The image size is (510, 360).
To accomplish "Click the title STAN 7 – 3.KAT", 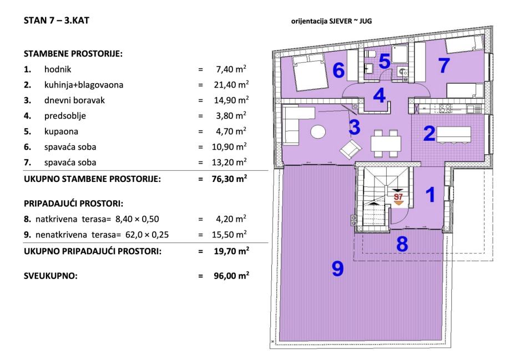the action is point(56,21).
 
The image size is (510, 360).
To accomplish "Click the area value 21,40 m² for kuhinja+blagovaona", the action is point(231,84).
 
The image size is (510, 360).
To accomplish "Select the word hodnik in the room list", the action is point(58,69).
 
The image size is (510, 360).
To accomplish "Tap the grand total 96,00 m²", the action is point(231,276).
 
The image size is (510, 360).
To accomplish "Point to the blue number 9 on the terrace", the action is point(337,268).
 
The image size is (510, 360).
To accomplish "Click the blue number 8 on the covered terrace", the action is point(402,244).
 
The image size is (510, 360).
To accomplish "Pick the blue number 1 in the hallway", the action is point(431,195).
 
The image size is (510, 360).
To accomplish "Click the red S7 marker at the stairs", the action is point(398,197).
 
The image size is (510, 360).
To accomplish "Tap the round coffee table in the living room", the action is point(318,131).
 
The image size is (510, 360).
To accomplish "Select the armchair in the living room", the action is point(351,149).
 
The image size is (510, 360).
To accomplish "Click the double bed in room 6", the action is point(309,72).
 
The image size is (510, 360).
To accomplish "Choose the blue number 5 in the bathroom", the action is point(385,62).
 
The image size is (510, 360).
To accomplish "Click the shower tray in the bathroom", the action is point(400,54).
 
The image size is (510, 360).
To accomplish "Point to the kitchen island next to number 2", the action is point(453,135).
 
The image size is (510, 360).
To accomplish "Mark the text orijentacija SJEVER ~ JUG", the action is point(331,22).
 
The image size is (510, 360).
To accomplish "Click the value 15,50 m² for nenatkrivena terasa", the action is point(229,234).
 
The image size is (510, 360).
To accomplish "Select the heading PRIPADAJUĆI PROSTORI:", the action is point(73,204).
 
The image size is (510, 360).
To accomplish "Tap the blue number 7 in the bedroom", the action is point(444,65).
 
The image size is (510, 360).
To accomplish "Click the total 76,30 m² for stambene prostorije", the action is point(229,179).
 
